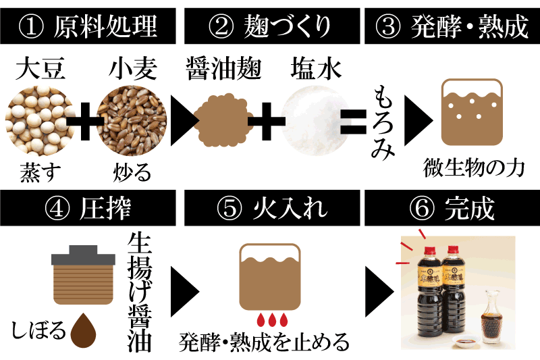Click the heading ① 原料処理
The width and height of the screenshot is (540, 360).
[88, 26]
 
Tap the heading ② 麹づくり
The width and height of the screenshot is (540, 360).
[269, 26]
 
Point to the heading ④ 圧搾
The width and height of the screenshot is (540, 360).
[88, 209]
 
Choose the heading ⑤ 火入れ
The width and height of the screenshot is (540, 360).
[272, 209]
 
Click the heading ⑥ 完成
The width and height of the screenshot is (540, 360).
[452, 209]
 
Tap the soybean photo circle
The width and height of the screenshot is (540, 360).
[40, 121]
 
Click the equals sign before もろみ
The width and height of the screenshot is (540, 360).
[353, 122]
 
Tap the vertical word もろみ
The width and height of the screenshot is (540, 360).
[383, 123]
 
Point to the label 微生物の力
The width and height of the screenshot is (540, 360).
[474, 168]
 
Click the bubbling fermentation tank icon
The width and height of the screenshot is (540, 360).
[472, 112]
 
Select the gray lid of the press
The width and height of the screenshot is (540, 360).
[83, 255]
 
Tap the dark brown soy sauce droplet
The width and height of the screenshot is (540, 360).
[83, 331]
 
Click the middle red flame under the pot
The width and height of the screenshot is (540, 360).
[272, 319]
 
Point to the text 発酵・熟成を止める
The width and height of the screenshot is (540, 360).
[264, 342]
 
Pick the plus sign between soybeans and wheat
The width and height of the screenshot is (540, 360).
[85, 122]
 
